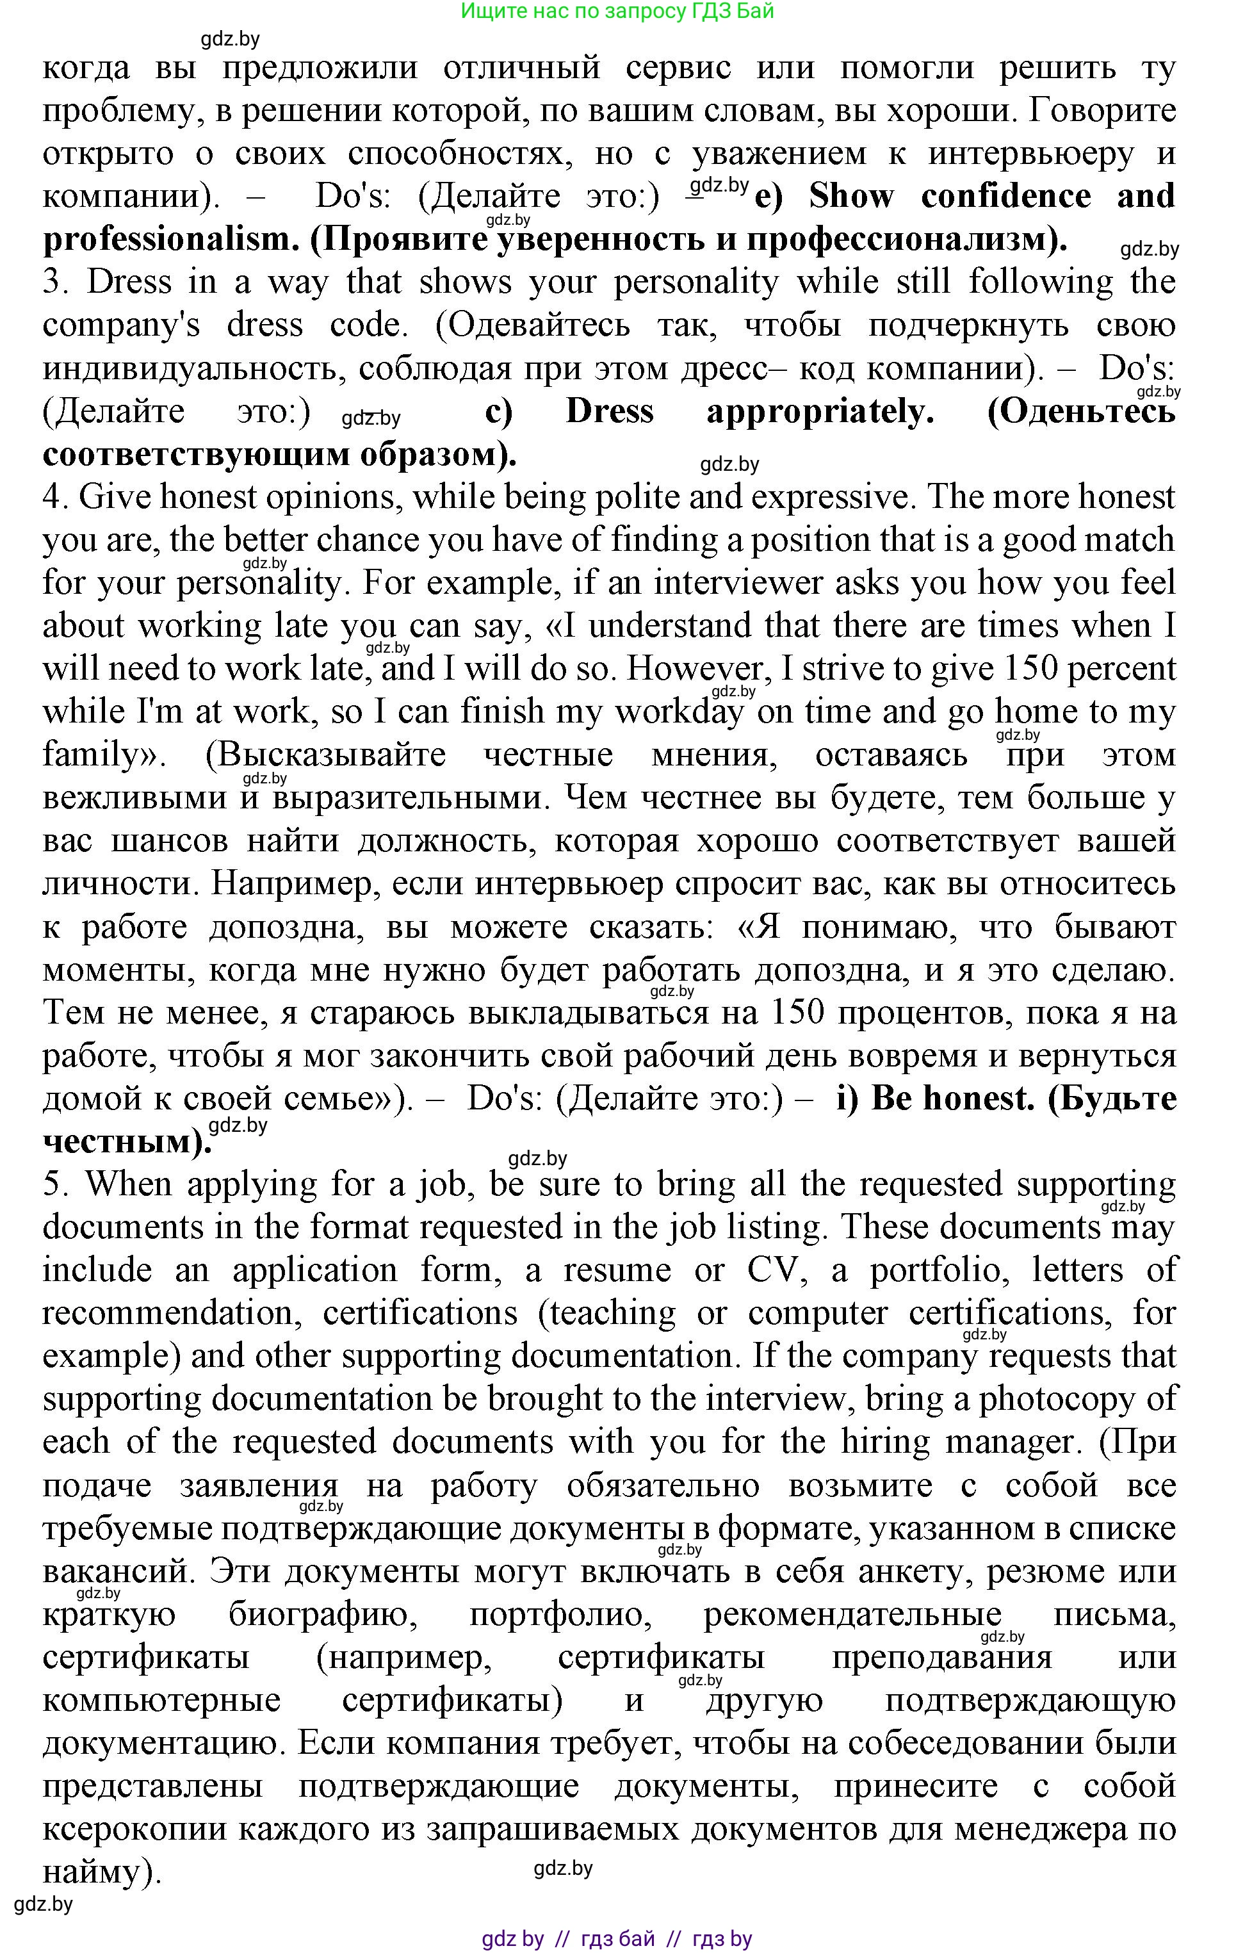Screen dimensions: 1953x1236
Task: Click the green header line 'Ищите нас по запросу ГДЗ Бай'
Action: (617, 12)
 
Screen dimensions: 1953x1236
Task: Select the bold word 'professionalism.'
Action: (165, 240)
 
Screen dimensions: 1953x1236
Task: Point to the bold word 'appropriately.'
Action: (820, 412)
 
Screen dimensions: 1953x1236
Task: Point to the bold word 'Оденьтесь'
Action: (1081, 412)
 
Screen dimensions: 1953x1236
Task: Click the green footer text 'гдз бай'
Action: (618, 1939)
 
